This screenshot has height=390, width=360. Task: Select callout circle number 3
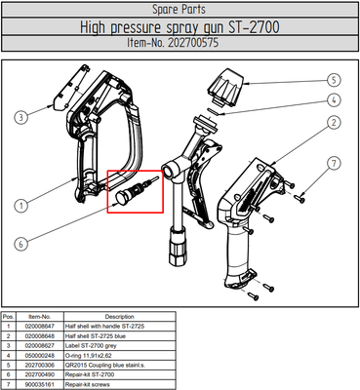pyautogui.click(x=20, y=118)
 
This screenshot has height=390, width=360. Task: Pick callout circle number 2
pyautogui.click(x=333, y=123)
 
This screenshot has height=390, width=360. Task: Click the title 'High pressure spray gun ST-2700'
pyautogui.click(x=180, y=27)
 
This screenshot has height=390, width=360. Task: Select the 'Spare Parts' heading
pyautogui.click(x=180, y=9)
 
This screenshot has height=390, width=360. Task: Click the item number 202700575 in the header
pyautogui.click(x=180, y=45)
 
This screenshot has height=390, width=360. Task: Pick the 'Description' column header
pyautogui.click(x=119, y=317)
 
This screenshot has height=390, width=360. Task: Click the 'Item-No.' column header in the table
pyautogui.click(x=39, y=317)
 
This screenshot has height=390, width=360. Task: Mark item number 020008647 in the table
pyautogui.click(x=40, y=326)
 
